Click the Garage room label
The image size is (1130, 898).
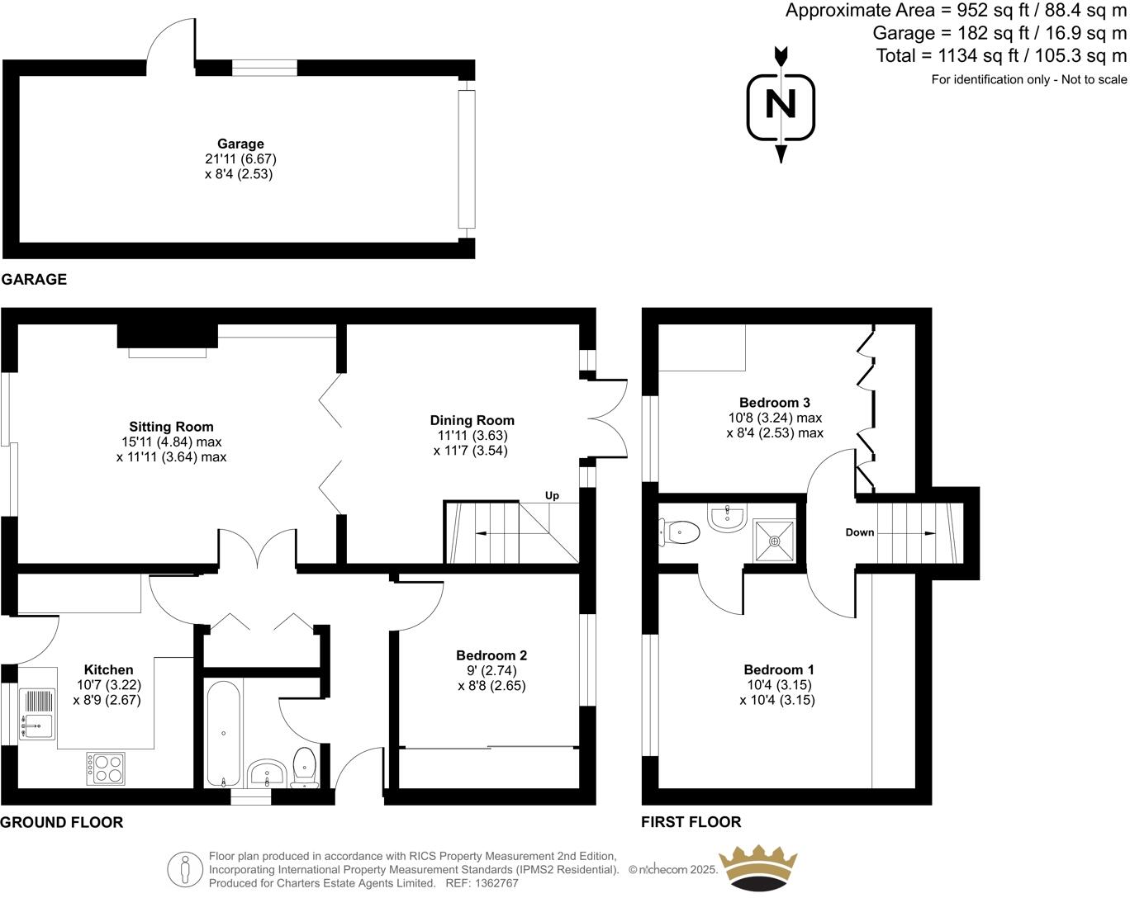click(x=240, y=144)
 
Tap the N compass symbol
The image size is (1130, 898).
click(x=781, y=105)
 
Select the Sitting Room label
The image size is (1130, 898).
click(x=171, y=427)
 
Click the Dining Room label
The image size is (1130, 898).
click(x=472, y=420)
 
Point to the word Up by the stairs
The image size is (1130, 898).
click(x=552, y=495)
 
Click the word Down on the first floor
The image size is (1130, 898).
click(x=859, y=532)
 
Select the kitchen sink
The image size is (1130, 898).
click(x=37, y=715)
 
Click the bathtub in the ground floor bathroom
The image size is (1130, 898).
click(x=223, y=734)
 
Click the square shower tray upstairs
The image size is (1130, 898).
click(x=775, y=541)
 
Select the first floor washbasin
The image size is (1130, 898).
click(x=727, y=518)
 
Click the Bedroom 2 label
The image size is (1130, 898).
click(x=491, y=655)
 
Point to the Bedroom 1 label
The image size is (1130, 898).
click(x=779, y=669)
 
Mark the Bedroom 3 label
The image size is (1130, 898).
click(x=775, y=403)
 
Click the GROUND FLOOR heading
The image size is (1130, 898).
click(x=62, y=822)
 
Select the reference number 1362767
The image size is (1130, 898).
click(x=493, y=883)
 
